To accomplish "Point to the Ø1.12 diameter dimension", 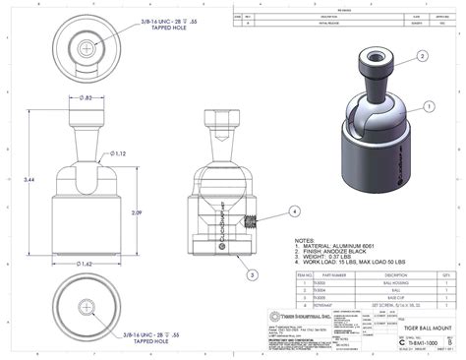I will [x=119, y=153].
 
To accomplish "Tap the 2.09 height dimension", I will [x=136, y=212].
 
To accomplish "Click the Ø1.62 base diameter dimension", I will [x=87, y=264].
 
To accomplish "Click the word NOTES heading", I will [x=306, y=239].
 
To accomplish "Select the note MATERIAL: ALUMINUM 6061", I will [x=338, y=245].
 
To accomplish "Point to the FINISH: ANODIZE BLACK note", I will [x=334, y=251].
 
